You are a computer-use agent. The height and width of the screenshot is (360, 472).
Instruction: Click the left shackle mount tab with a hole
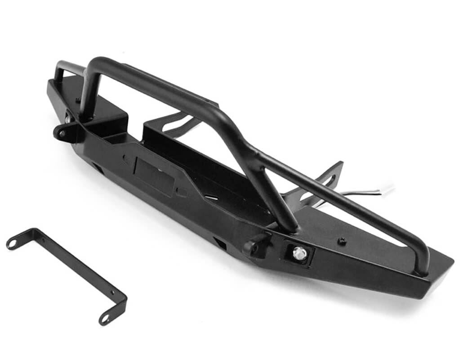click(61, 132)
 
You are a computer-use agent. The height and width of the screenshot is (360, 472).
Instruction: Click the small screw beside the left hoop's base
click(78, 100)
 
